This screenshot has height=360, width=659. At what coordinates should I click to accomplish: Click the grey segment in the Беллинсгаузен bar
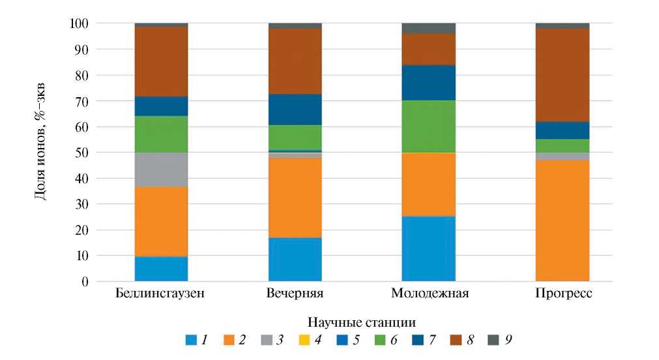[160, 170]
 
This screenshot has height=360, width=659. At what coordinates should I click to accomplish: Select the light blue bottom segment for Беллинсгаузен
[160, 269]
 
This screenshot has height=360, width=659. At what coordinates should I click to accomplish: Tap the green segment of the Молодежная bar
[428, 127]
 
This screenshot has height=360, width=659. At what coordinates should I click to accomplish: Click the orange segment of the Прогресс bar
[563, 221]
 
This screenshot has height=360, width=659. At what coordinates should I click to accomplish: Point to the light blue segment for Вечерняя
[295, 260]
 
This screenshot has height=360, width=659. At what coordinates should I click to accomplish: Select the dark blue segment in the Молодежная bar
[428, 83]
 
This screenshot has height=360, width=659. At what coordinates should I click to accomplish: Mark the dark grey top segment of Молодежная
[428, 28]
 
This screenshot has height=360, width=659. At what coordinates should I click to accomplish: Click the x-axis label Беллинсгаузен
[160, 293]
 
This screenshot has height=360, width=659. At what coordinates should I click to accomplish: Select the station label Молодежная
[430, 293]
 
